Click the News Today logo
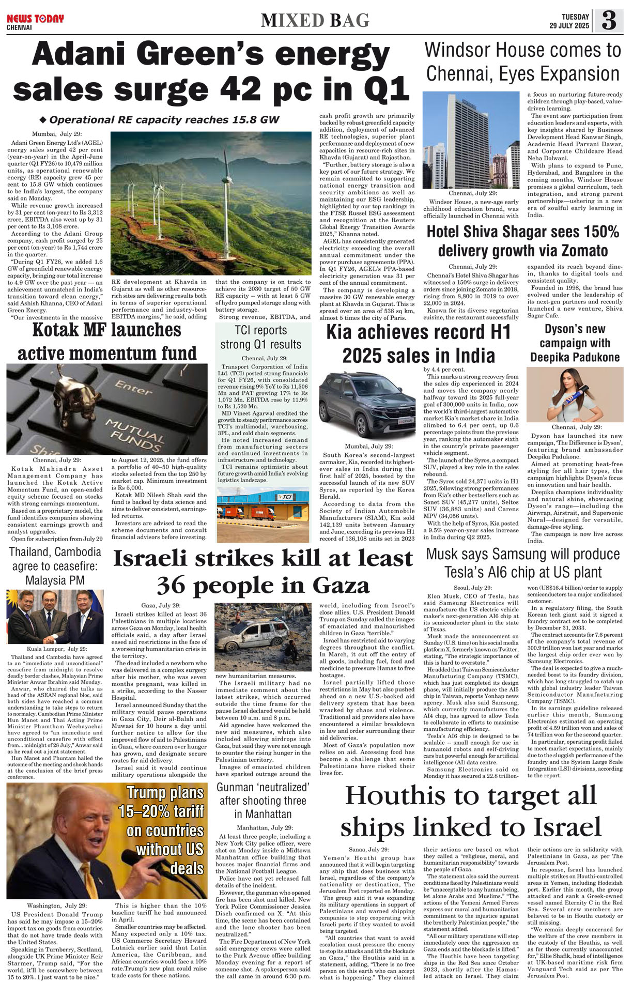pos(35,20)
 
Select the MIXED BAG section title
pos(315,21)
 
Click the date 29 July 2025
pos(569,26)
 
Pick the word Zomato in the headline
pos(582,251)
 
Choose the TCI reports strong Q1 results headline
pos(260,337)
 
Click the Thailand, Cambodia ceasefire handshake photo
pos(55,617)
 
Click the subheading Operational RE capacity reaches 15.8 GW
pos(164,120)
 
